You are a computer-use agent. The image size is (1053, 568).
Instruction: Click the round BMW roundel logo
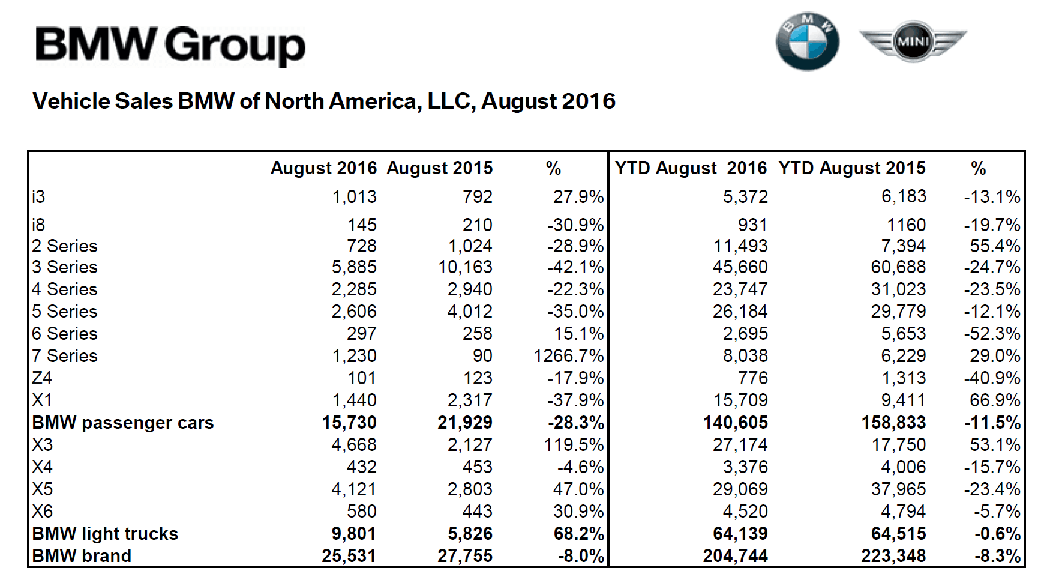807,43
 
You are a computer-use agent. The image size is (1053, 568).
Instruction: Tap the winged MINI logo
913,41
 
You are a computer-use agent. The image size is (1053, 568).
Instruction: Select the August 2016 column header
323,168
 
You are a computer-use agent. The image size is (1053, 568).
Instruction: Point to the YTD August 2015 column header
852,168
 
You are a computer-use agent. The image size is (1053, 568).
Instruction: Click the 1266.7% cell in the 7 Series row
569,356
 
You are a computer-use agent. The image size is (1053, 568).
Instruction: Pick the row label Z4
42,378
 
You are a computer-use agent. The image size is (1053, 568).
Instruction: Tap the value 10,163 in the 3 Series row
465,267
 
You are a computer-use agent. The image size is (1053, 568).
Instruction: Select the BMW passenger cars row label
122,423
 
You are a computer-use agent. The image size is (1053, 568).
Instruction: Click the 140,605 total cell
736,423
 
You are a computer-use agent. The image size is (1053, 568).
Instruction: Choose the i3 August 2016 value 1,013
355,197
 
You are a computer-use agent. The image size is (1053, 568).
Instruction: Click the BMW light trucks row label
105,534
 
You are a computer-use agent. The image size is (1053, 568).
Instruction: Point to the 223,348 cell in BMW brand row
894,556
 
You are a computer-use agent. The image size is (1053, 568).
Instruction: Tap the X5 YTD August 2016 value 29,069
740,489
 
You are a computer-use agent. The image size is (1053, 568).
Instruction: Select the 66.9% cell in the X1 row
995,400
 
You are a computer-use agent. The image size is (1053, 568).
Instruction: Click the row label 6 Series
65,334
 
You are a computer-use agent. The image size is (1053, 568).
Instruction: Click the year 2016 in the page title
590,101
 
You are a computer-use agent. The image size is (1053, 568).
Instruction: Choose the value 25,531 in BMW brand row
349,556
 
